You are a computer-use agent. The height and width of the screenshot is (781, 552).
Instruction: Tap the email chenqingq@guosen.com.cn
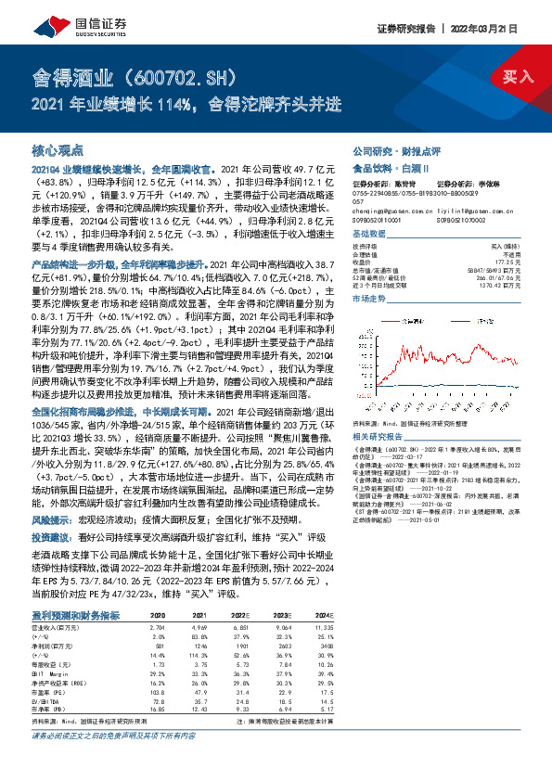pos(380,211)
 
